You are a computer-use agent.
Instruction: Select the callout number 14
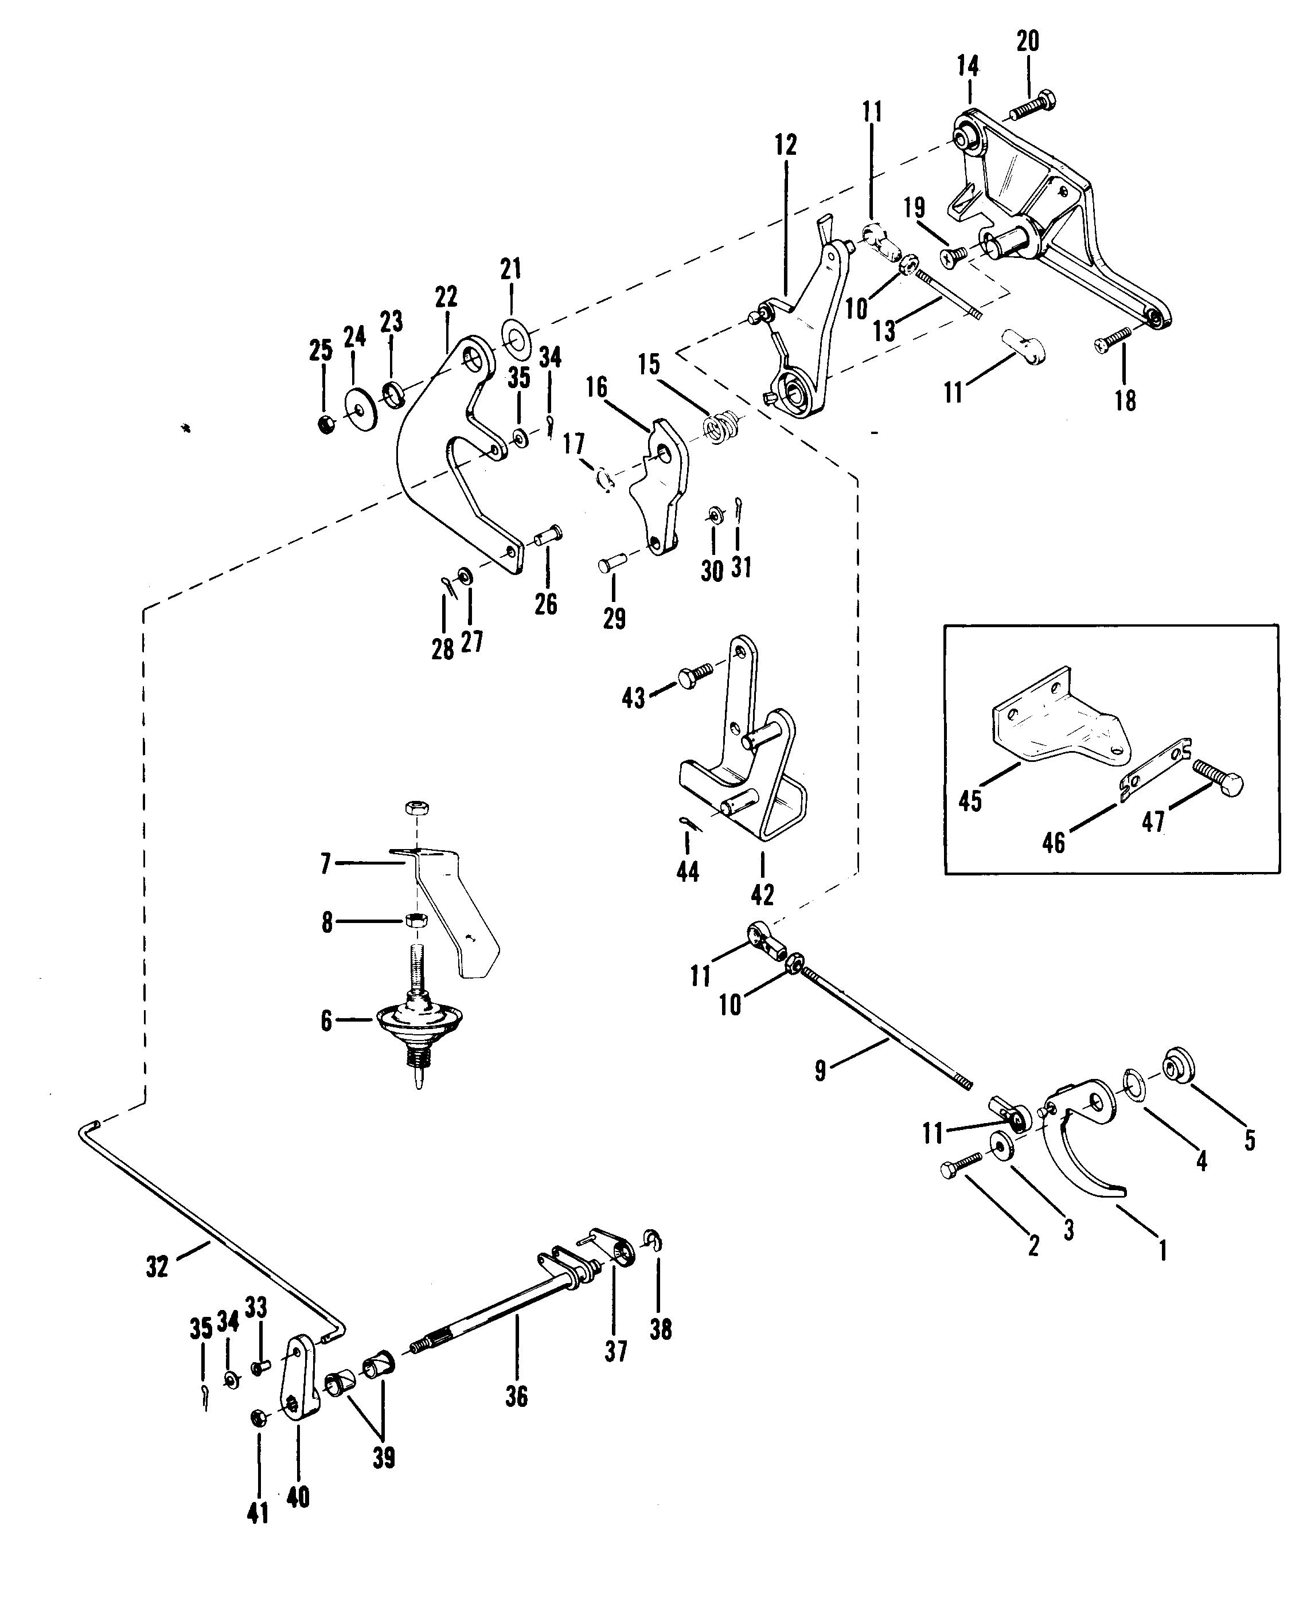pyautogui.click(x=968, y=65)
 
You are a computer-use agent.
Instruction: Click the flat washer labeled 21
pyautogui.click(x=514, y=337)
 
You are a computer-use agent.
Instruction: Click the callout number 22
pyautogui.click(x=446, y=298)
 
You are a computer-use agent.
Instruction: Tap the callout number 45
pyautogui.click(x=970, y=800)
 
